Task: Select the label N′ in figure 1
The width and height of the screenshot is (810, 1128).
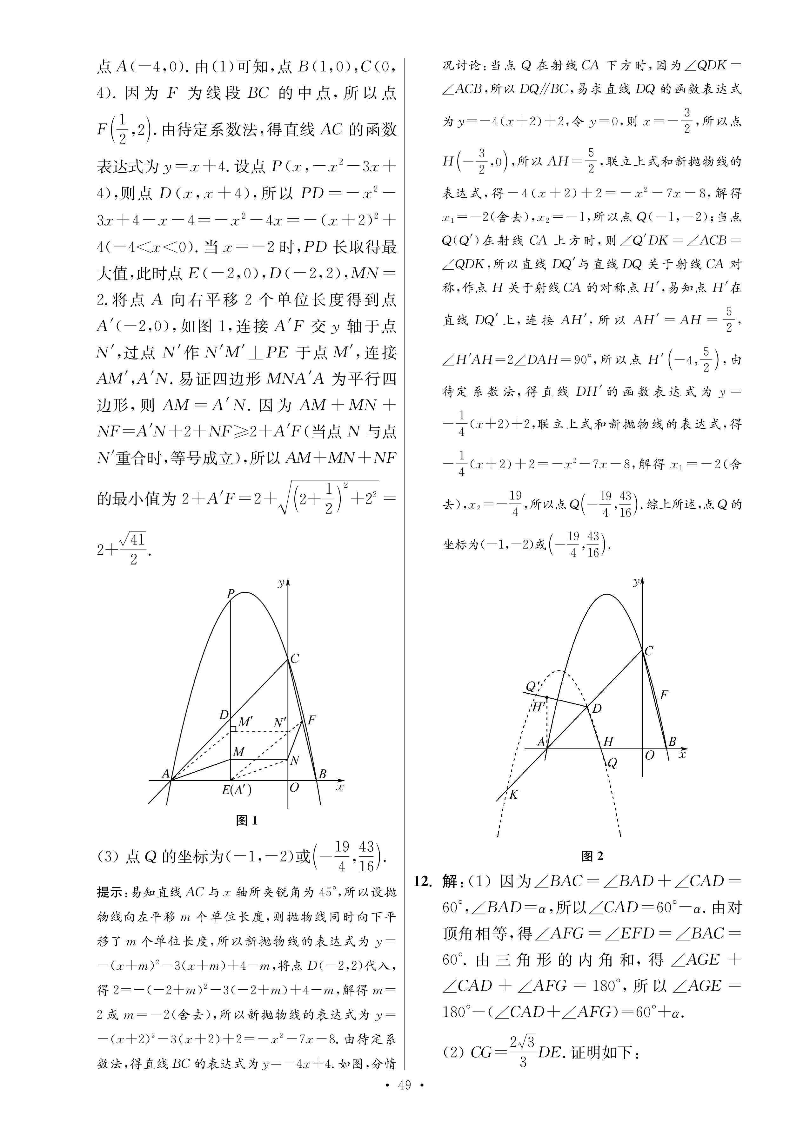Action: (280, 722)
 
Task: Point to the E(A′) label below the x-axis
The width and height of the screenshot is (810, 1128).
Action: (237, 789)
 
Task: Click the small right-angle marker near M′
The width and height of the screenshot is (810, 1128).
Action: (233, 729)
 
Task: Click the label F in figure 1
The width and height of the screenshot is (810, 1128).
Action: (312, 720)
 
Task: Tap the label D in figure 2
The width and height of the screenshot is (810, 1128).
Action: (597, 708)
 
